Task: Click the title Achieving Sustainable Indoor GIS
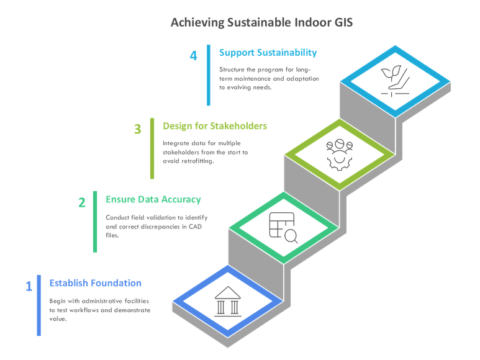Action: point(262,22)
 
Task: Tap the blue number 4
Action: point(194,56)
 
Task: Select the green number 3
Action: point(137,129)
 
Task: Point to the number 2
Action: point(82,202)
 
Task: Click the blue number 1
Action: point(29,286)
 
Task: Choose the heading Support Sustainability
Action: point(268,53)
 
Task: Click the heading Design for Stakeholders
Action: point(215,126)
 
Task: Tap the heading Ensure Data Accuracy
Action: point(153,199)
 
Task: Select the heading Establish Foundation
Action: point(95,283)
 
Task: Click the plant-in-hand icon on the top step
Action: point(395,81)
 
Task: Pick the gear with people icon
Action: point(339,155)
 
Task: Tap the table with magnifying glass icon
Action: point(283,228)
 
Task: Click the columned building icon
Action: point(227,302)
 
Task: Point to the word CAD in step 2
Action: point(195,227)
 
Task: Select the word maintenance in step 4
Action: point(252,79)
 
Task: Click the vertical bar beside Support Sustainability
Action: point(209,75)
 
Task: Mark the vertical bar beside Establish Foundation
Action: point(39,305)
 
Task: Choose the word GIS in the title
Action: point(343,22)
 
